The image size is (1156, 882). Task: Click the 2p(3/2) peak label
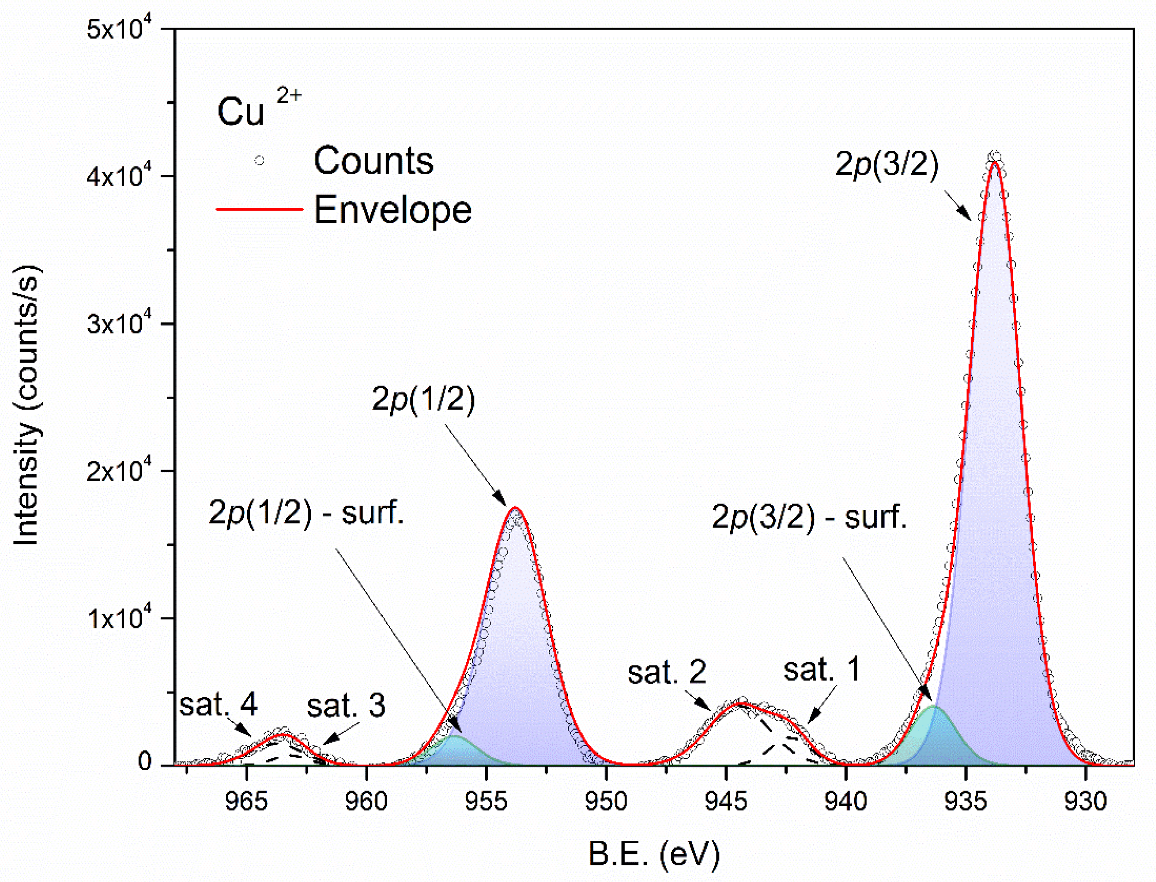[887, 165]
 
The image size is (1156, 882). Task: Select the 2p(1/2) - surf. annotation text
[307, 512]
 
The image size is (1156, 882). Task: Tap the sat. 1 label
[822, 670]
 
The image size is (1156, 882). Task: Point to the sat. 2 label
[667, 672]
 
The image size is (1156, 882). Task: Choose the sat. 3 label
[346, 705]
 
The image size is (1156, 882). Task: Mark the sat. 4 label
[218, 704]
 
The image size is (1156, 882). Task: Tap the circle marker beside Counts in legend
[259, 161]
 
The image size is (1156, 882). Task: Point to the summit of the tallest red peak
[994, 163]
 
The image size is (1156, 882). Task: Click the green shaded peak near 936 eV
[933, 735]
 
